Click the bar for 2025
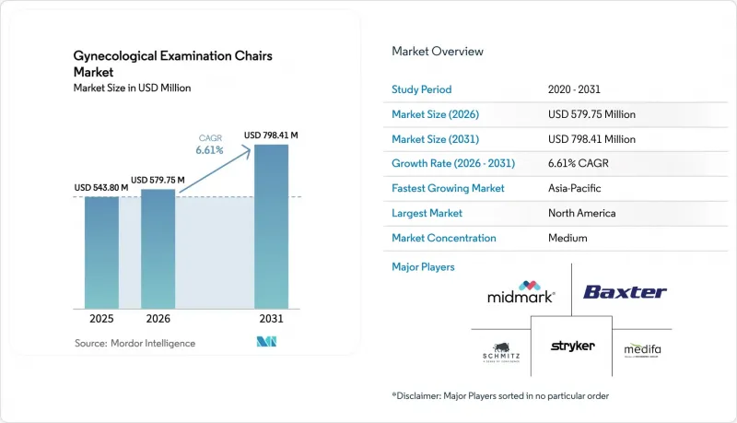[101, 253]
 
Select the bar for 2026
[158, 249]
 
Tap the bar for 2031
[271, 227]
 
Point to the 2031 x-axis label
[271, 319]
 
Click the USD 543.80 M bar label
[101, 187]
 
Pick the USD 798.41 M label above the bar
[271, 135]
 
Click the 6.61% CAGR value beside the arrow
[210, 150]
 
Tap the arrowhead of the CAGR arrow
[246, 149]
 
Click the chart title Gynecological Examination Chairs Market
[173, 64]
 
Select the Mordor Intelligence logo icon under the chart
[266, 342]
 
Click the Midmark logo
[521, 292]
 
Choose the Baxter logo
[625, 292]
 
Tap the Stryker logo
[572, 346]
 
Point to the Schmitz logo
[501, 353]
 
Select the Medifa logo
[642, 349]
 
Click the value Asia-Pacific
[574, 188]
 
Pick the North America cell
[582, 213]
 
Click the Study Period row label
[422, 89]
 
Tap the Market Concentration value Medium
[567, 238]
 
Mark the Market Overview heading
[438, 52]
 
